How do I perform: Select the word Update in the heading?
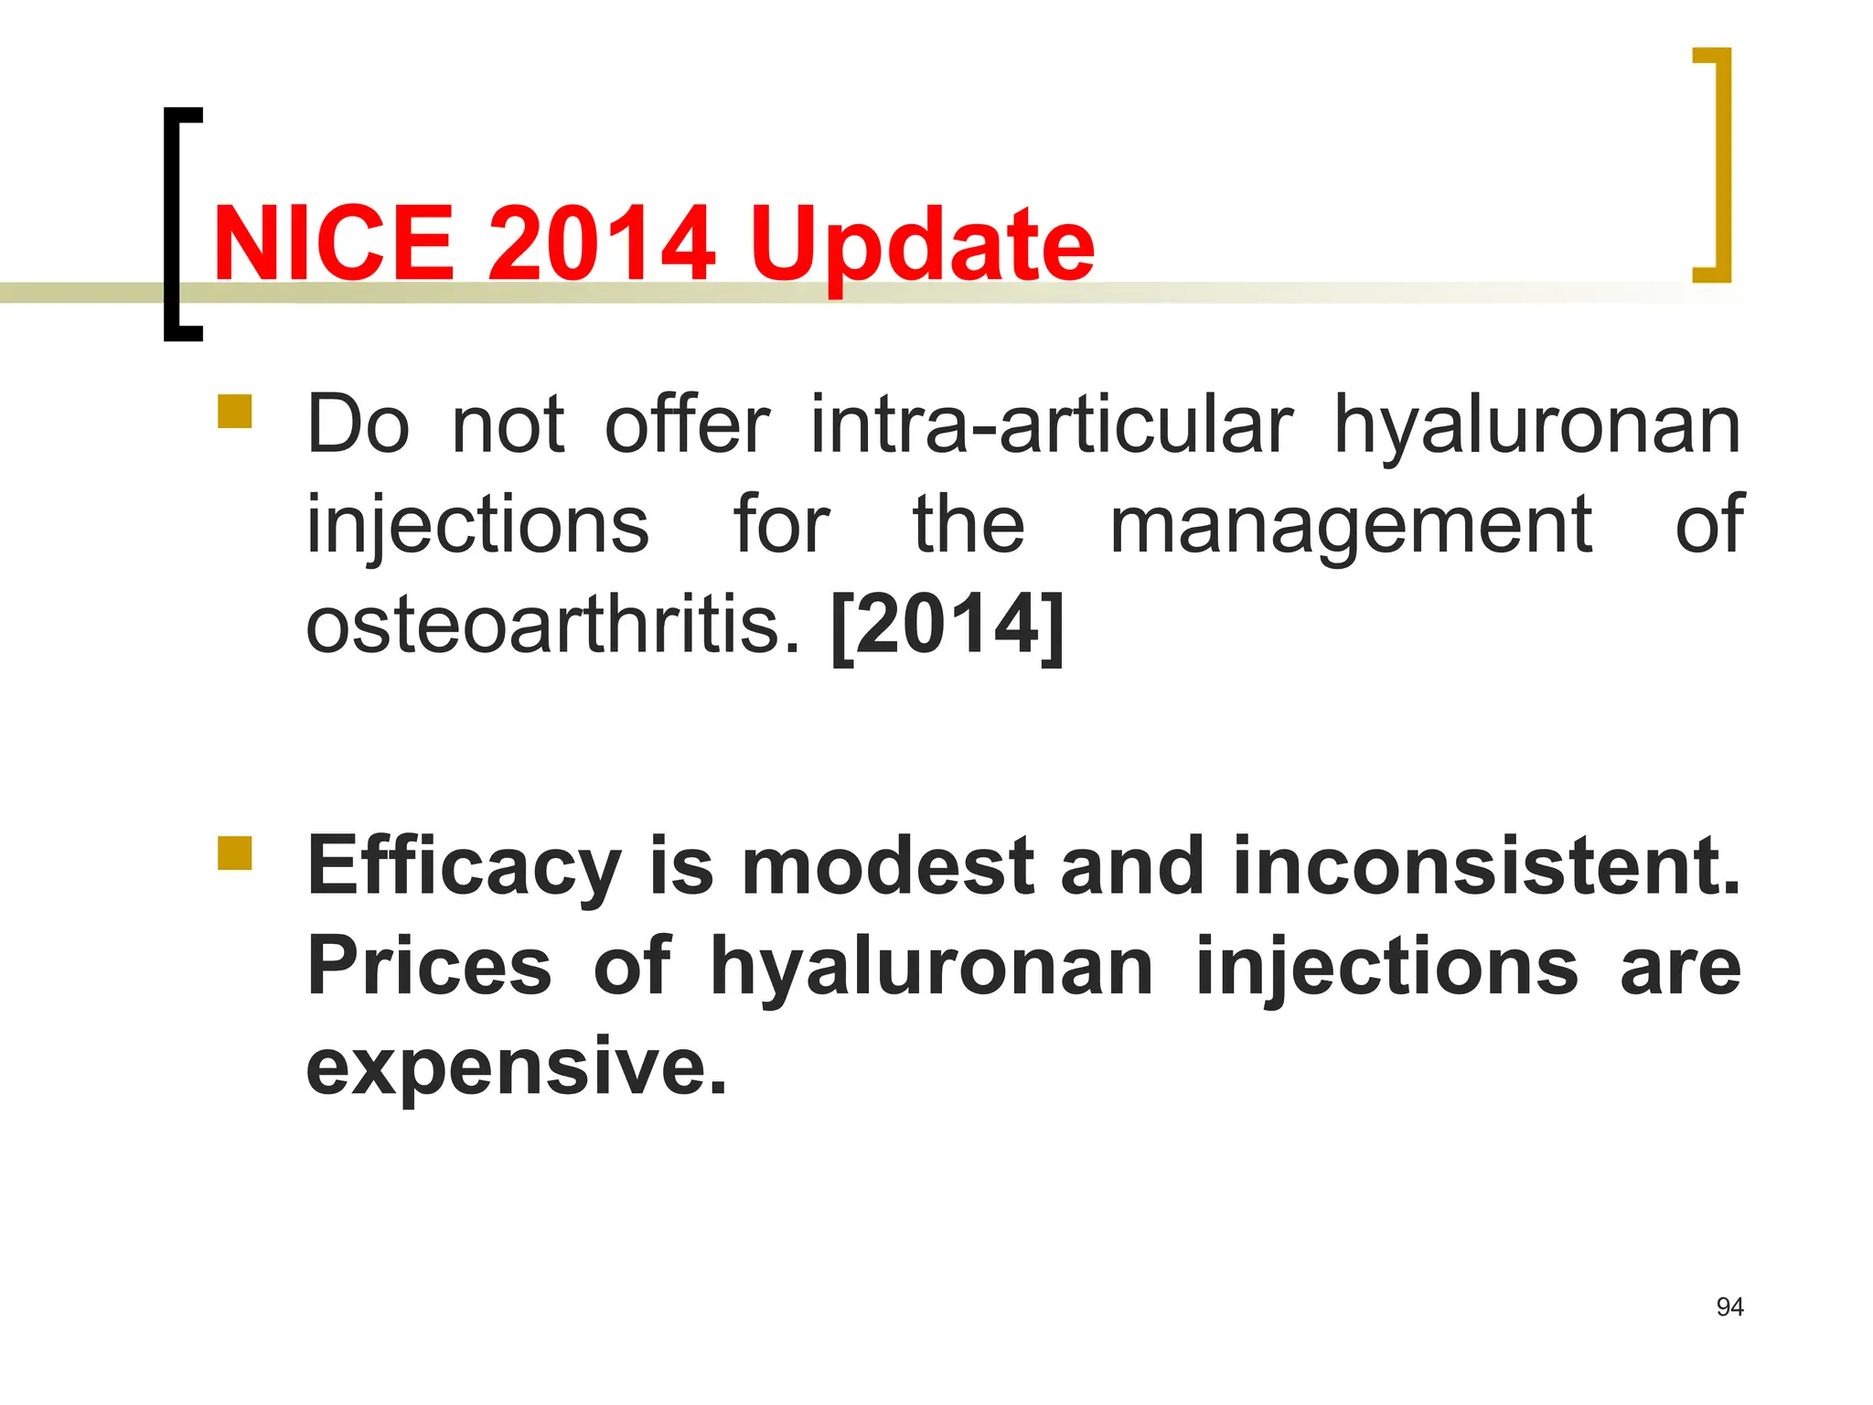point(922,245)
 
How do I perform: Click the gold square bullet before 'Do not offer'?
point(235,412)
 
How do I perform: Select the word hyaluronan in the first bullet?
point(1536,426)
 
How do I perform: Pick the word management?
point(1351,526)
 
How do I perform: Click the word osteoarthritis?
point(552,626)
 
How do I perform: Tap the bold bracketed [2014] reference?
point(948,626)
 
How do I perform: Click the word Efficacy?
point(465,867)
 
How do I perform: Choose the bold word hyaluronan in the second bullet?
point(932,968)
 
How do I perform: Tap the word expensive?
point(517,1067)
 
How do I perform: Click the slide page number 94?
point(1729,1307)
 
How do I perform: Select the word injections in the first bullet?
point(477,526)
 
